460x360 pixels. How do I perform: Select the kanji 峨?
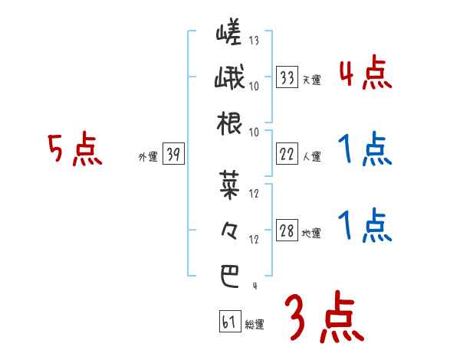pyautogui.click(x=229, y=79)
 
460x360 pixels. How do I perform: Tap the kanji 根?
pyautogui.click(x=229, y=123)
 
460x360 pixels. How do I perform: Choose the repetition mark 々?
pyautogui.click(x=229, y=230)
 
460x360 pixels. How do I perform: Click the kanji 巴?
pyautogui.click(x=229, y=276)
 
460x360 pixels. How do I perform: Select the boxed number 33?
pyautogui.click(x=287, y=77)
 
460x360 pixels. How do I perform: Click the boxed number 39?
pyautogui.click(x=173, y=155)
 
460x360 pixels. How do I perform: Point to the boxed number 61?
pyautogui.click(x=228, y=322)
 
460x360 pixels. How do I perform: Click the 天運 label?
pyautogui.click(x=311, y=80)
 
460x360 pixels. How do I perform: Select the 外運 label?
pyautogui.click(x=147, y=157)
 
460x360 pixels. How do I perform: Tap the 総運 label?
pyautogui.click(x=255, y=325)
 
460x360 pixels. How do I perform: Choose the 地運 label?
pyautogui.click(x=311, y=234)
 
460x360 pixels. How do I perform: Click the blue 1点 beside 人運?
pyautogui.click(x=365, y=150)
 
